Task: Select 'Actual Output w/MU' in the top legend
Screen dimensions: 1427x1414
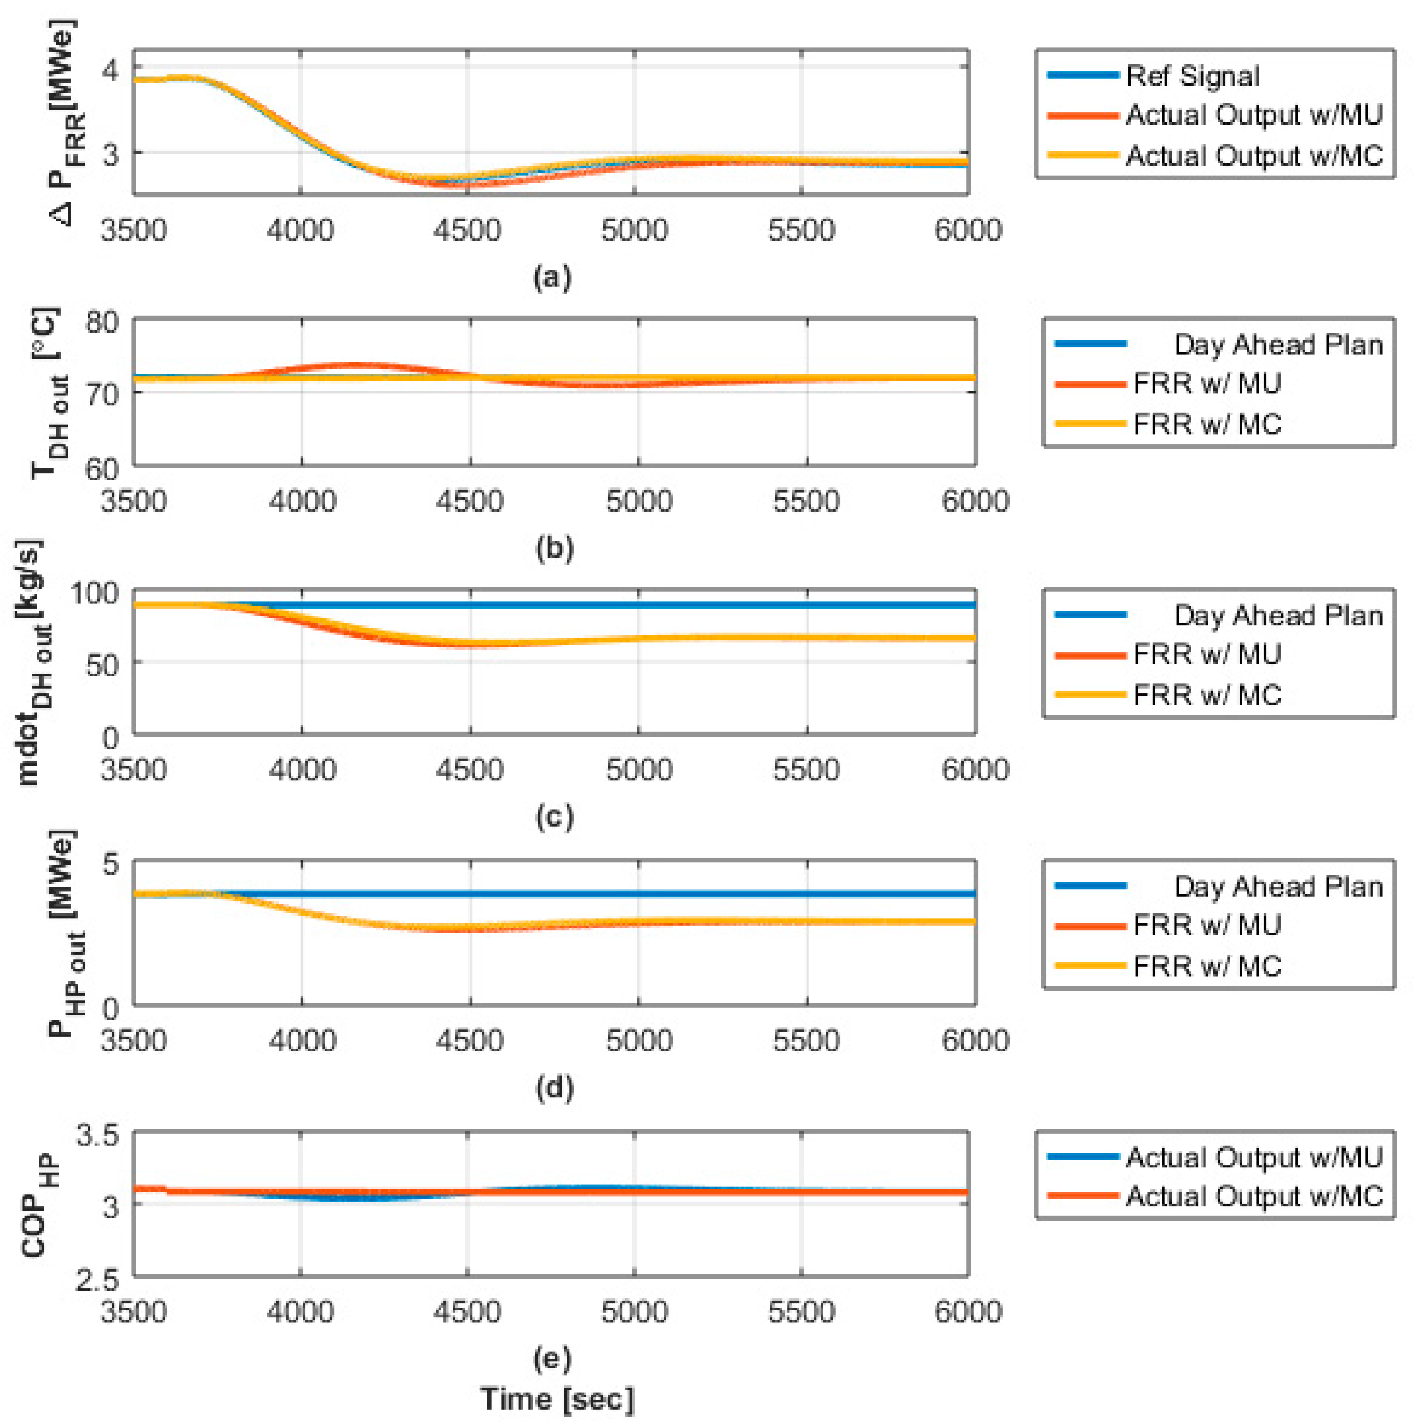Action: tap(1253, 115)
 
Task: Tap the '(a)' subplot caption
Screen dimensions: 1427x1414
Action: tap(552, 277)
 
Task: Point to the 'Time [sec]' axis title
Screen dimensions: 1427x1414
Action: tap(557, 1398)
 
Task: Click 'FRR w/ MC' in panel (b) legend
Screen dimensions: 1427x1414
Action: tap(1207, 424)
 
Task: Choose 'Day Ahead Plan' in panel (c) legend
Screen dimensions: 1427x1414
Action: tap(1277, 616)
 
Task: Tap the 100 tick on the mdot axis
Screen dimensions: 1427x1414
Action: tap(94, 592)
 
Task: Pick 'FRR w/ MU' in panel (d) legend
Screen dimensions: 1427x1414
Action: tap(1207, 924)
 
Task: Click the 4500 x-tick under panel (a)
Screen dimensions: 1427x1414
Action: tap(467, 230)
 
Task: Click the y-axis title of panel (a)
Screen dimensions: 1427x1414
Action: tap(67, 122)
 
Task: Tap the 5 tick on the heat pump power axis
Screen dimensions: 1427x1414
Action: tap(110, 862)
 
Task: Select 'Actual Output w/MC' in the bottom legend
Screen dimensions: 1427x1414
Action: tap(1253, 1196)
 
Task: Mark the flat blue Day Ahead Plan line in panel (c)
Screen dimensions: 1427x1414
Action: tap(738, 605)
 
